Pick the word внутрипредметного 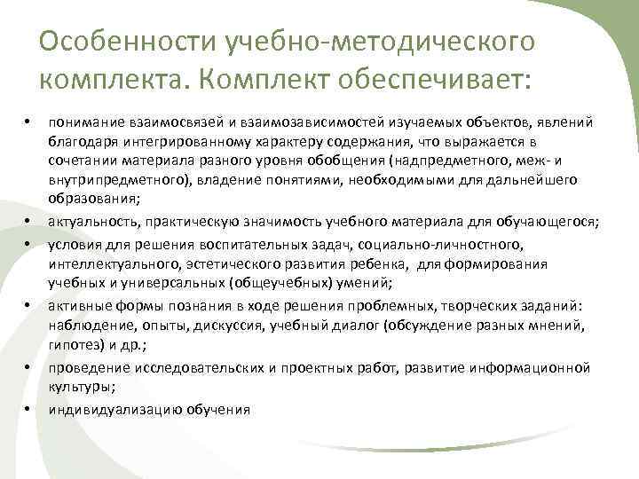[x=104, y=179]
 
